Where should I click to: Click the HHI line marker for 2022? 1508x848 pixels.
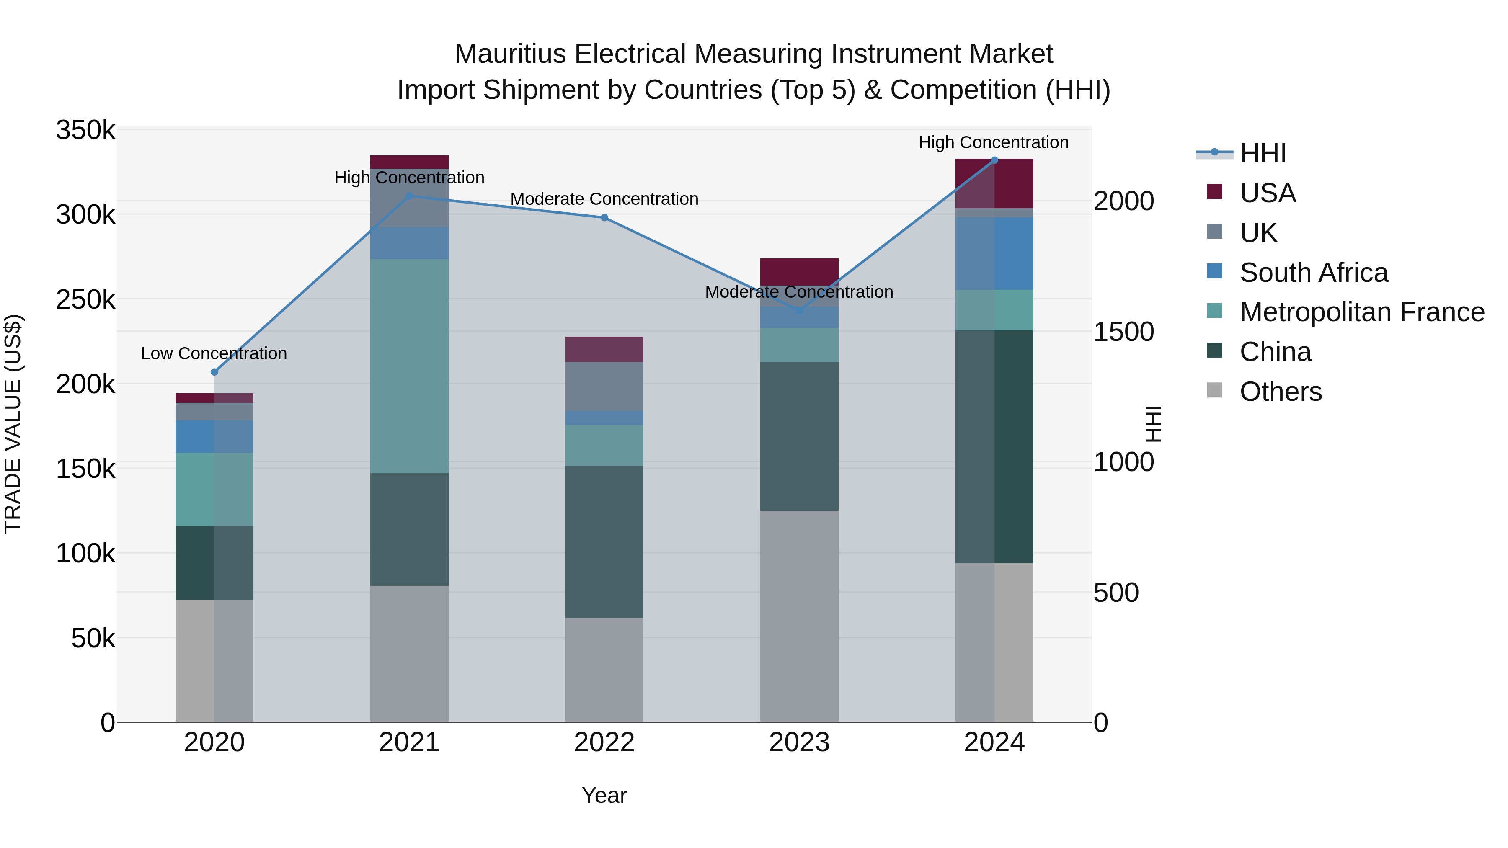click(x=604, y=218)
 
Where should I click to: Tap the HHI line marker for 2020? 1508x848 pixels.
click(x=214, y=372)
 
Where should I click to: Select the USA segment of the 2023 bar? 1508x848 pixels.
click(x=799, y=271)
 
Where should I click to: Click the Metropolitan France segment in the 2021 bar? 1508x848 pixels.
click(x=409, y=366)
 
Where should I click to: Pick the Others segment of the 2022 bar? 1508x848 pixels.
click(x=604, y=670)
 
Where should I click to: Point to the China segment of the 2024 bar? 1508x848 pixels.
click(x=994, y=446)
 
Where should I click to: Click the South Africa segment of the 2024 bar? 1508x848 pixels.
click(x=994, y=253)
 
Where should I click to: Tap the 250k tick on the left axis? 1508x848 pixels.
click(x=85, y=300)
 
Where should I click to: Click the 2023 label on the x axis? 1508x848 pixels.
click(x=799, y=742)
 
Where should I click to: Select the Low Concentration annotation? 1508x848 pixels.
click(x=214, y=353)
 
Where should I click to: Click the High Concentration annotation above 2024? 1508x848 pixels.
click(x=994, y=142)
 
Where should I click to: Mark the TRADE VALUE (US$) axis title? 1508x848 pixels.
click(x=13, y=424)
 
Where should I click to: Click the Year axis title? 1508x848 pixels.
click(x=604, y=795)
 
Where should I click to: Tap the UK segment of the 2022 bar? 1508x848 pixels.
click(x=604, y=386)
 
